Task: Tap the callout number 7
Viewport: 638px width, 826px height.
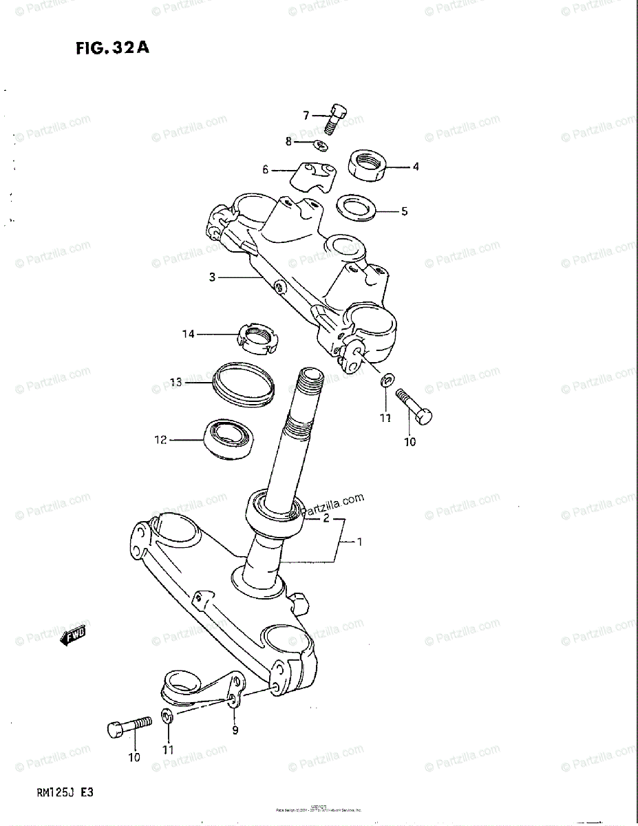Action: click(x=306, y=115)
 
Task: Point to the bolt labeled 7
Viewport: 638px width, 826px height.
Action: click(x=335, y=120)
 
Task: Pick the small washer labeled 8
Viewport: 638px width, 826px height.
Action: click(x=320, y=144)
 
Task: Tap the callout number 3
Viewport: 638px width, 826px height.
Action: click(x=213, y=277)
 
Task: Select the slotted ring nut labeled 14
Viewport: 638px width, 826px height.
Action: click(x=257, y=336)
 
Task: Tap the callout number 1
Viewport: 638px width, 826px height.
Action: click(x=359, y=542)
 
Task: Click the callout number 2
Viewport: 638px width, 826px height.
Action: click(x=326, y=518)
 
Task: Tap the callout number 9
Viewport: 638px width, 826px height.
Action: click(x=235, y=730)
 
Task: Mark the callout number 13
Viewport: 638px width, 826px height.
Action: click(x=176, y=382)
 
